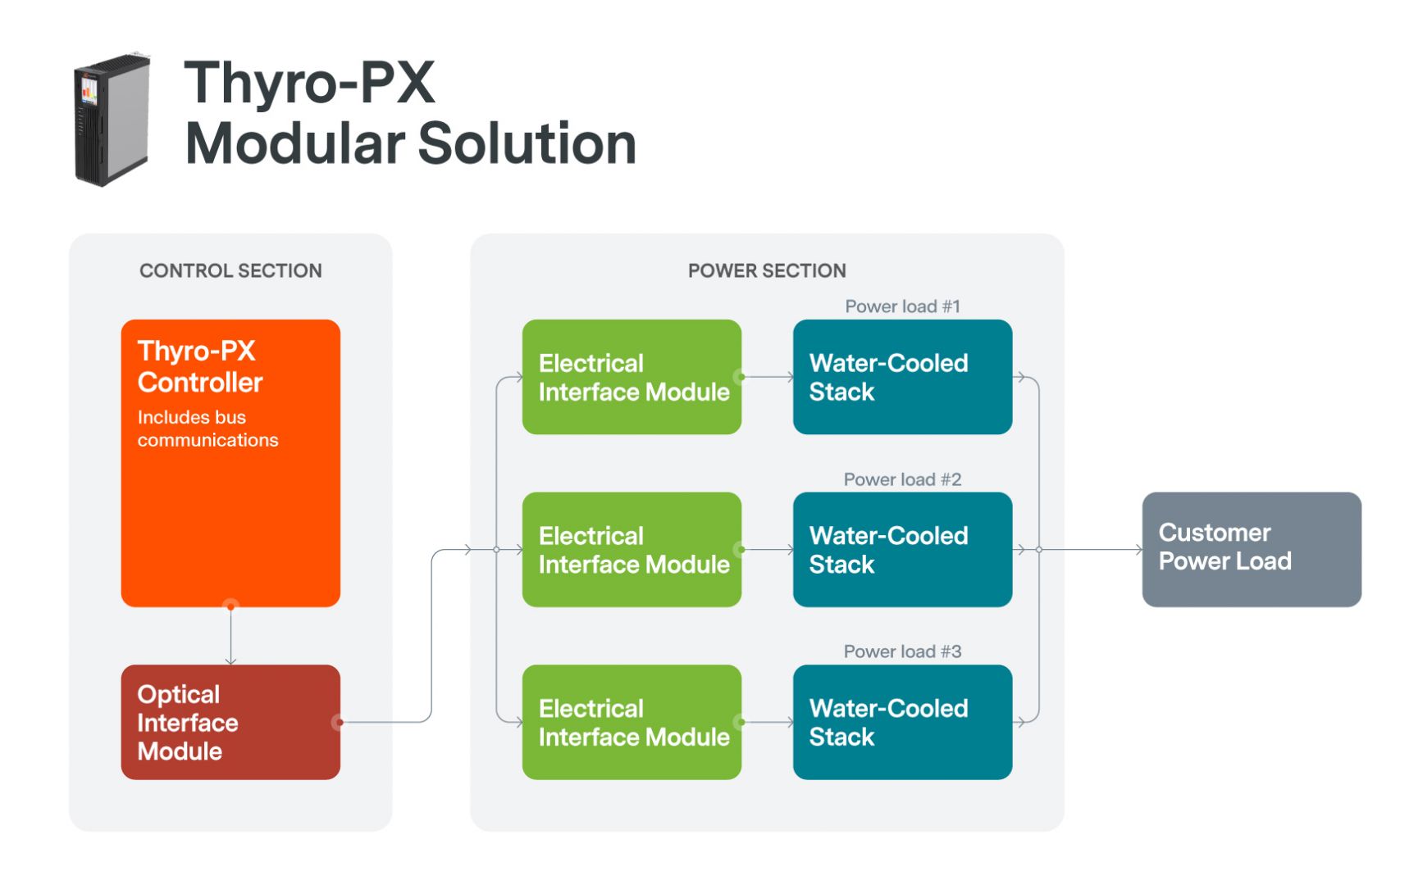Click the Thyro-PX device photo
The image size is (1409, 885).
click(x=112, y=120)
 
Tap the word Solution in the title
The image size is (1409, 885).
click(x=527, y=144)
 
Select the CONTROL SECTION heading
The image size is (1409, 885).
click(x=230, y=271)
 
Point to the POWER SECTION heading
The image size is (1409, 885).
click(x=767, y=271)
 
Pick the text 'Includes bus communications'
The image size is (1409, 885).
click(x=207, y=429)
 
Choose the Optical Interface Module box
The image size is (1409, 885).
click(x=230, y=722)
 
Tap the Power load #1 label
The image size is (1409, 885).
click(x=902, y=306)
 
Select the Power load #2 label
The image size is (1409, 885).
click(x=902, y=479)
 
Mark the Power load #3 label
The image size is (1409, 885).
click(x=902, y=651)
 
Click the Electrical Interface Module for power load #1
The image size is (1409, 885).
click(x=632, y=377)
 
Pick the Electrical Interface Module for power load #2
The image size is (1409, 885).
click(x=632, y=550)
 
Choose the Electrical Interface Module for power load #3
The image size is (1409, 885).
click(x=632, y=722)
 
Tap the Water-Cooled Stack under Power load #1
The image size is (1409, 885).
click(x=902, y=377)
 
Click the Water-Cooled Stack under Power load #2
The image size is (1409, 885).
click(x=902, y=550)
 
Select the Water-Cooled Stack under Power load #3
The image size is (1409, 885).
click(x=902, y=722)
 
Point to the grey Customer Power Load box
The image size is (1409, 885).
click(x=1252, y=550)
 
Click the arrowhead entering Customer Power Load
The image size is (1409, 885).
click(x=1138, y=550)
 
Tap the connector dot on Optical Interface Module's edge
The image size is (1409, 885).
click(x=338, y=722)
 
